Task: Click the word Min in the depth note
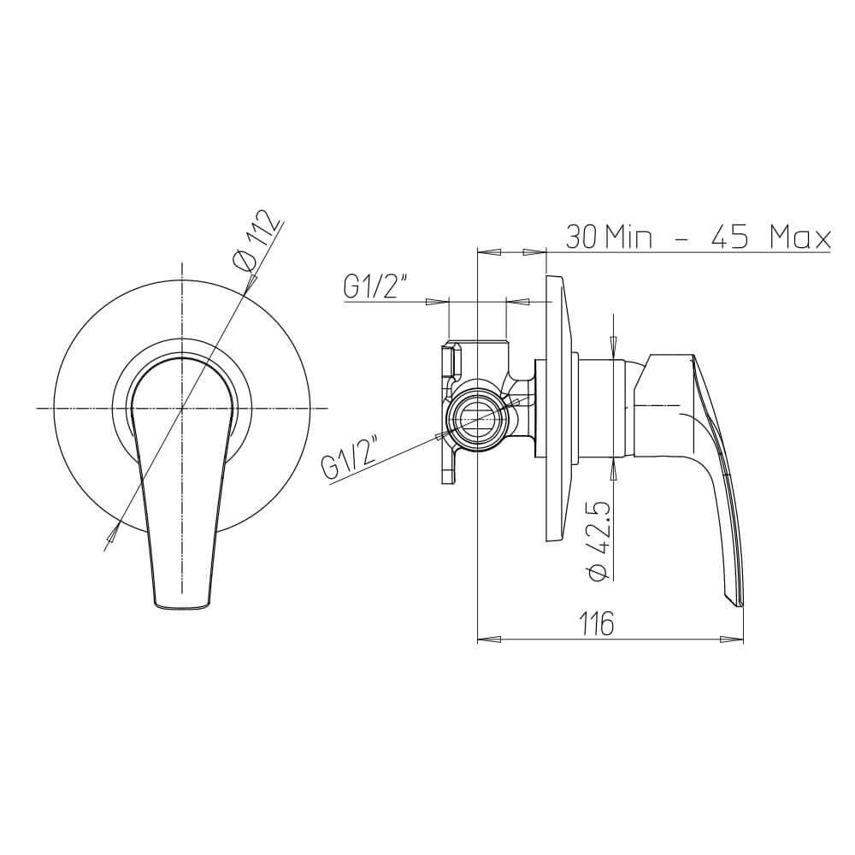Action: pyautogui.click(x=628, y=236)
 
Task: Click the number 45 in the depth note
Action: pyautogui.click(x=730, y=236)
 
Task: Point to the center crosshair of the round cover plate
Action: pyautogui.click(x=182, y=409)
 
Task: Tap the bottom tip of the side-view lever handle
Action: pyautogui.click(x=740, y=605)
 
